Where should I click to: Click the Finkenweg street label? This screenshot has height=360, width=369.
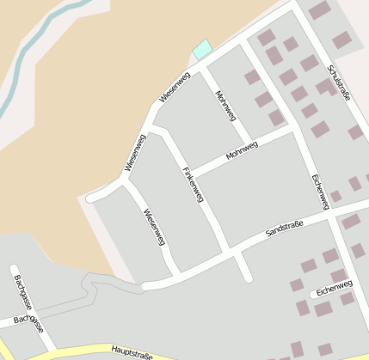[193, 185]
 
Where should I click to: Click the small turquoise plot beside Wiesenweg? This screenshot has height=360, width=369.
[202, 49]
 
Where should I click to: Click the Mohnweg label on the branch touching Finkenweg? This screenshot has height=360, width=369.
[242, 152]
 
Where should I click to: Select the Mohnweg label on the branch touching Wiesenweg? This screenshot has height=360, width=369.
[224, 105]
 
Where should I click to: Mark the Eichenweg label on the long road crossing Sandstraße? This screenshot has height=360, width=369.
[320, 192]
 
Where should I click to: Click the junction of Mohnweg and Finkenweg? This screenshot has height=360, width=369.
[188, 171]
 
